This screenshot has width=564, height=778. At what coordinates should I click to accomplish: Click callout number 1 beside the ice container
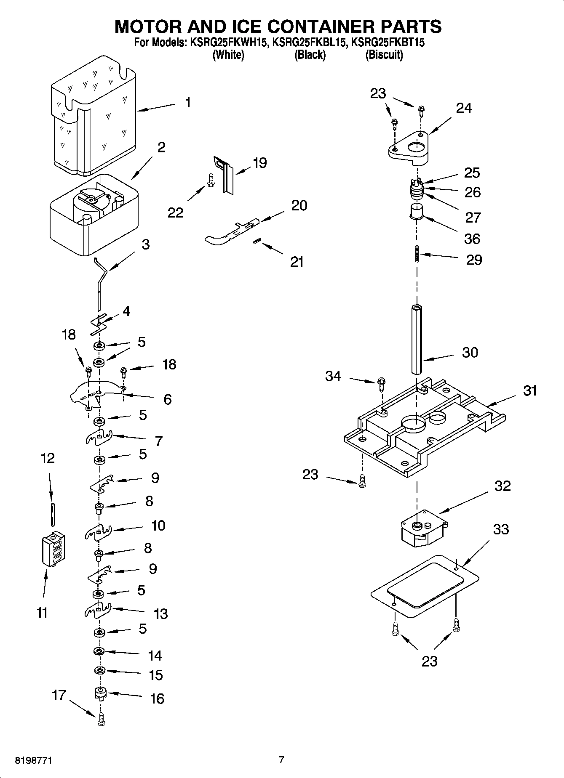[188, 103]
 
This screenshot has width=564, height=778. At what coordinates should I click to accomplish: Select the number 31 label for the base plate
[530, 390]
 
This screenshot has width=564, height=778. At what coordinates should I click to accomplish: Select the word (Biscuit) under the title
[384, 55]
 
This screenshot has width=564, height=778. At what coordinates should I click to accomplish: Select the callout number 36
[472, 239]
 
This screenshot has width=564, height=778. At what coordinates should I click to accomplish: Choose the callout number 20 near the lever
[299, 205]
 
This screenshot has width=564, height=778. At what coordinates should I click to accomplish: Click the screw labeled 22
[211, 180]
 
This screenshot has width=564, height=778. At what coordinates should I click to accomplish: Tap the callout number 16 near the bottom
[157, 698]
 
